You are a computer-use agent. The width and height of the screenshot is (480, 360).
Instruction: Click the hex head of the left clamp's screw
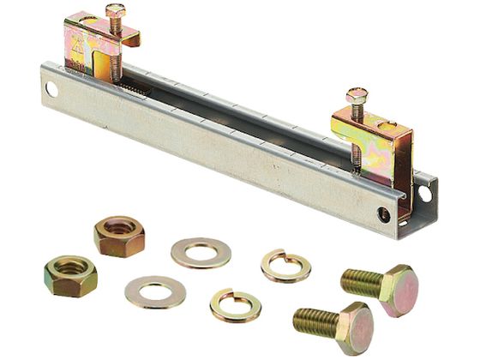pyautogui.click(x=115, y=11)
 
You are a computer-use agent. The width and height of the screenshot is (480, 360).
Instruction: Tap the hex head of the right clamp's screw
pyautogui.click(x=357, y=95)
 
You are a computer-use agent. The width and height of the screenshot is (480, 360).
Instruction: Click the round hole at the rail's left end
pyautogui.click(x=52, y=88)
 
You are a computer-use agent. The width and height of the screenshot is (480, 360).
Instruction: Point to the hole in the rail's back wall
pyautogui.click(x=424, y=194)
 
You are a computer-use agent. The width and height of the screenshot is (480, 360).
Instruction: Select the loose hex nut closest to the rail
pyautogui.click(x=119, y=236)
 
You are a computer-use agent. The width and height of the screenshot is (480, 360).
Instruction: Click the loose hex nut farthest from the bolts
pyautogui.click(x=70, y=276)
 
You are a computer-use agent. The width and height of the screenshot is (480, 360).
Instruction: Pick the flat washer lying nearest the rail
pyautogui.click(x=200, y=252)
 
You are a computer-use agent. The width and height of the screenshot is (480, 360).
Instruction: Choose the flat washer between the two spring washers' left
pyautogui.click(x=155, y=291)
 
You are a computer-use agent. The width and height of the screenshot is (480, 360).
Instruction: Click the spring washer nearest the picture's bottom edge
pyautogui.click(x=235, y=304)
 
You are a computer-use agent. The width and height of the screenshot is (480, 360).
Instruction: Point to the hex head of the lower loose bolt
pyautogui.click(x=354, y=326)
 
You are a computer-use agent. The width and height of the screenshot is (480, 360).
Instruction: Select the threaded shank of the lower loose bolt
pyautogui.click(x=315, y=321)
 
